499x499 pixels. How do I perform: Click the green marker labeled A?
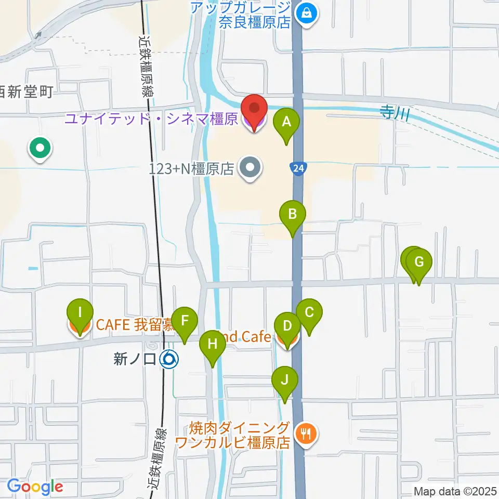tap(286, 123)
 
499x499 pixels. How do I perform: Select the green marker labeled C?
tap(309, 313)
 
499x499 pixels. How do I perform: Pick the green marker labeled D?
tap(287, 326)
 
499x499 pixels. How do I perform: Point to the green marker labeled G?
tap(418, 261)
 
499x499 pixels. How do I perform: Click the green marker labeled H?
tap(212, 344)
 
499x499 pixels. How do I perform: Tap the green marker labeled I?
tap(80, 313)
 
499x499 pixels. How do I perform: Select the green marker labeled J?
tap(284, 380)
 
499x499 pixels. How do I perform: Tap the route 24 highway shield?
tap(297, 168)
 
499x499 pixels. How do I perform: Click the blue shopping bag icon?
tap(307, 11)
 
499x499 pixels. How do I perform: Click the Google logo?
tap(35, 487)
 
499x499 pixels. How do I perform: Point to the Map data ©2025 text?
tap(455, 491)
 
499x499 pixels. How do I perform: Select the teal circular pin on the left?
tap(40, 148)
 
